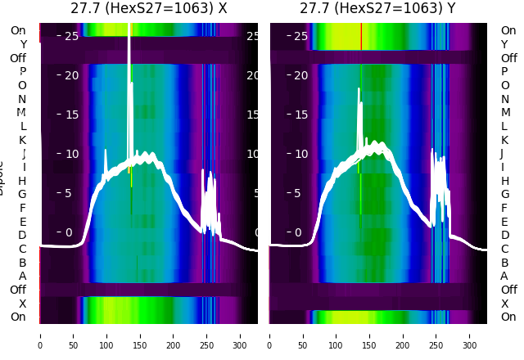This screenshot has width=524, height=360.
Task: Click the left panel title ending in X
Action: pos(149,8)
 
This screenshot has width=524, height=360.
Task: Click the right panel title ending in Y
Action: pos(378,8)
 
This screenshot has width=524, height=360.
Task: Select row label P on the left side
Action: pos(23,72)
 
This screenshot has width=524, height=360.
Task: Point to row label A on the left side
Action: pos(23,276)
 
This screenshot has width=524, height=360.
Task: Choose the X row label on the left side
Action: pos(23,304)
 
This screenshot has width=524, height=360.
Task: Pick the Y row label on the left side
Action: pos(23,44)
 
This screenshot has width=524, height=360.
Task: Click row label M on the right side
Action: pos(505,113)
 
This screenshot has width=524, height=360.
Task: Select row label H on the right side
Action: pos(505,181)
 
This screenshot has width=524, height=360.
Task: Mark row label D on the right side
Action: pos(505,236)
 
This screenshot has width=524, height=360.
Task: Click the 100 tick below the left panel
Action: pos(106,335)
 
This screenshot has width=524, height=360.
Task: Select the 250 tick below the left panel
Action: pos(207,335)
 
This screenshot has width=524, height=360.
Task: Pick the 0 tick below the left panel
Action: pos(40,335)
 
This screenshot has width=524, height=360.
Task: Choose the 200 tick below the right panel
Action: pos(404,335)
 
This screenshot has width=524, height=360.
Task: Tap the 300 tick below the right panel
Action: pos(471,335)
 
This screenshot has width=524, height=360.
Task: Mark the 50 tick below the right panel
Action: pos(303,335)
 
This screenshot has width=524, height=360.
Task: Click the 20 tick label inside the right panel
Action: pos(300,75)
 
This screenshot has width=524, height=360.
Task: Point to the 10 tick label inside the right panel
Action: pos(300,154)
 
